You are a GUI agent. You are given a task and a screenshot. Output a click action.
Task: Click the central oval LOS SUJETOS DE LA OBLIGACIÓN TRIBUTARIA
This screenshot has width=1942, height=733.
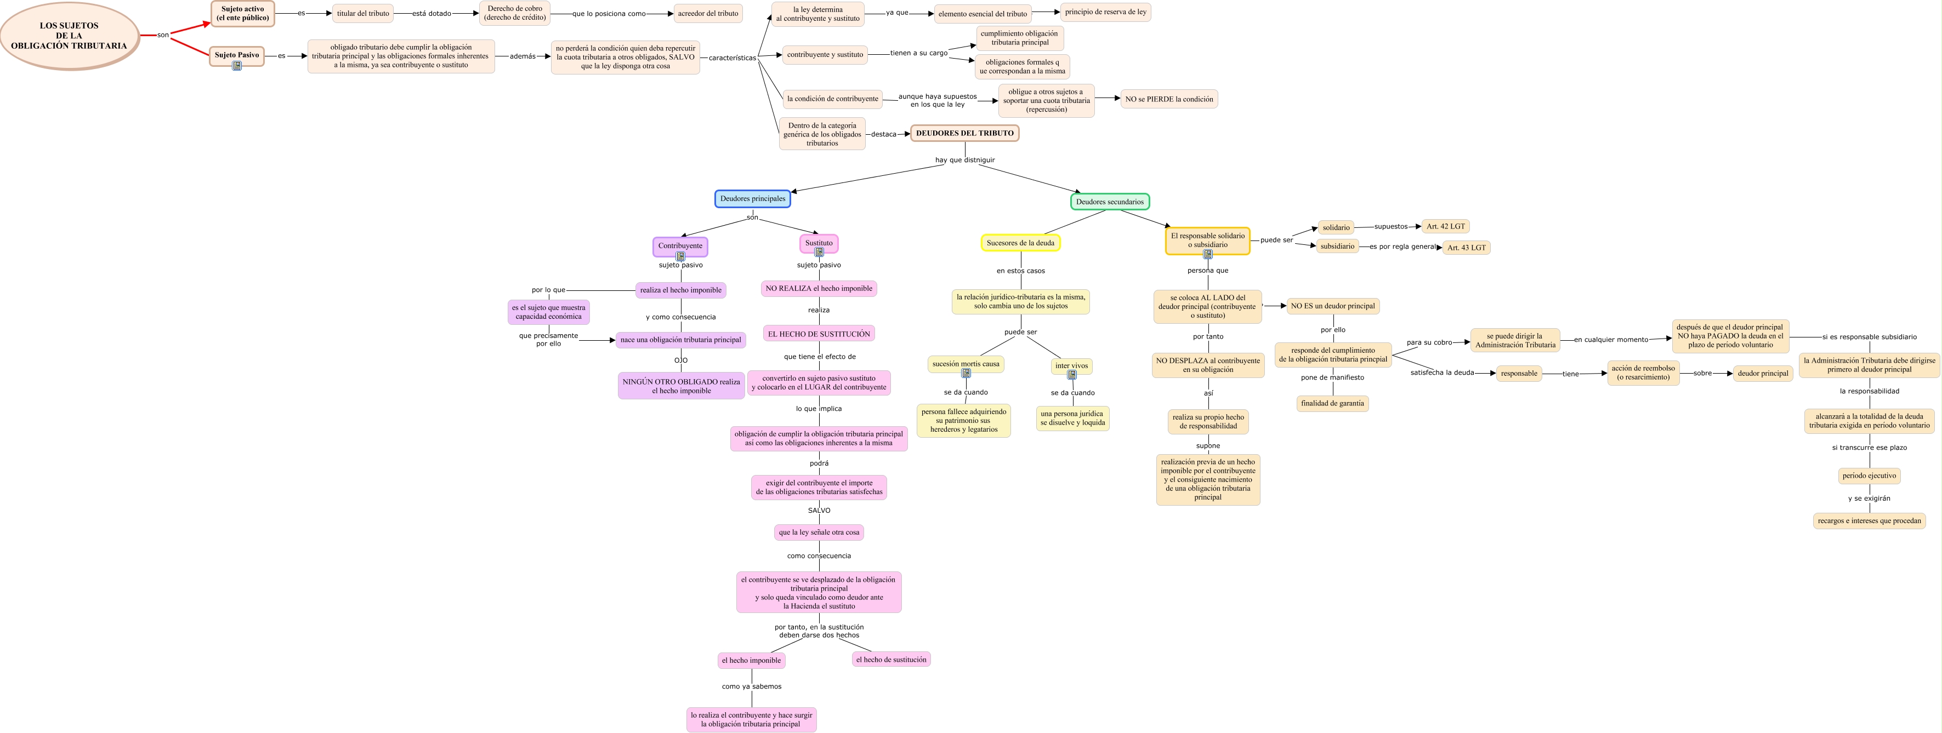point(69,36)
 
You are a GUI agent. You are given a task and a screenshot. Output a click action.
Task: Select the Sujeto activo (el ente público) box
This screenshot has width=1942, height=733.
point(243,14)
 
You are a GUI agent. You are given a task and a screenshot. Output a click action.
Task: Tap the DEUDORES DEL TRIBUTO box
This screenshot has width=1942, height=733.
point(965,133)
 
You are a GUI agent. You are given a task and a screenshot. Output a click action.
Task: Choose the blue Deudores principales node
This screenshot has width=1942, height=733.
point(752,199)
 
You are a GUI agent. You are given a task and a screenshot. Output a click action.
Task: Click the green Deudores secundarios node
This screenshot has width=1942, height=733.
point(1110,202)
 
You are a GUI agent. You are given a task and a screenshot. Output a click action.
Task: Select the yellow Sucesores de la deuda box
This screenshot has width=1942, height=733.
point(1021,243)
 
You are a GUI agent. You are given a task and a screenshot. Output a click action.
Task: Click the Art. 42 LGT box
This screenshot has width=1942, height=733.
point(1445,226)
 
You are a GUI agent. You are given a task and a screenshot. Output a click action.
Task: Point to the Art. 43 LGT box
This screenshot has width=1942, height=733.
point(1466,247)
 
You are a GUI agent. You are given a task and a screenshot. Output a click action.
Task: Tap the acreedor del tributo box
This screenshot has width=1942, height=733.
point(708,14)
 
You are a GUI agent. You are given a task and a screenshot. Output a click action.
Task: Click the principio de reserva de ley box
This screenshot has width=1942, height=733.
point(1105,12)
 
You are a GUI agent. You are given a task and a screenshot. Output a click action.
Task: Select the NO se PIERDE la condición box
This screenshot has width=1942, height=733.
point(1169,99)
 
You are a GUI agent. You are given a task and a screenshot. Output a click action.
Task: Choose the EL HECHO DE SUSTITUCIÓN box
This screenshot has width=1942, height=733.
point(819,334)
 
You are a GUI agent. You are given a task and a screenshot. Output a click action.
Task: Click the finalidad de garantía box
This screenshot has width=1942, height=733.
point(1332,403)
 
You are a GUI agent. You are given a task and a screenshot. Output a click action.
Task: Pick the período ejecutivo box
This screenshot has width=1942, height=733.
point(1869,476)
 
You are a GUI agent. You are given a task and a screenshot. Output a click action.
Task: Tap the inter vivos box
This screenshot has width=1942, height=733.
point(1071,366)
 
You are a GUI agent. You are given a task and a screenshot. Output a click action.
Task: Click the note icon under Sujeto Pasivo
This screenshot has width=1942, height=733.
point(237,66)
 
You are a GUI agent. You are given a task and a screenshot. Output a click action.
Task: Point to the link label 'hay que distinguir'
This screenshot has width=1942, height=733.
point(965,160)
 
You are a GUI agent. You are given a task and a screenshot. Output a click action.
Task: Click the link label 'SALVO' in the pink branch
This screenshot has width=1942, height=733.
point(819,510)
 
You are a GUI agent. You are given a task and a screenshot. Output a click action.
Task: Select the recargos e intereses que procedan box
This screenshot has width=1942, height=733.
point(1869,520)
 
